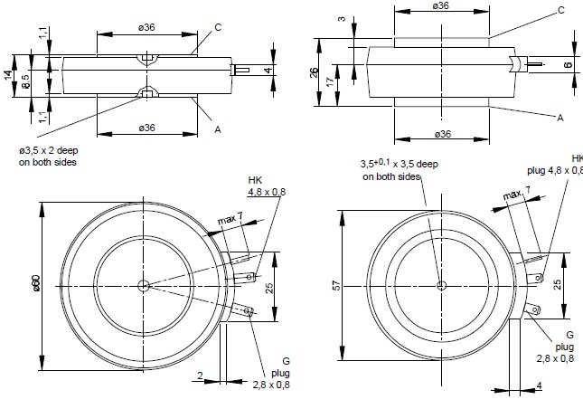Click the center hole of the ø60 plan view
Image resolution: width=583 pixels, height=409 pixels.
pyautogui.click(x=144, y=286)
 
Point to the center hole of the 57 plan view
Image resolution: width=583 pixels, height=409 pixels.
pyautogui.click(x=441, y=285)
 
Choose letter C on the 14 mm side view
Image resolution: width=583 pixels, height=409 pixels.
pyautogui.click(x=218, y=27)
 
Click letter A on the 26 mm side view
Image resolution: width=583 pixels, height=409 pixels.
pyautogui.click(x=560, y=117)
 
